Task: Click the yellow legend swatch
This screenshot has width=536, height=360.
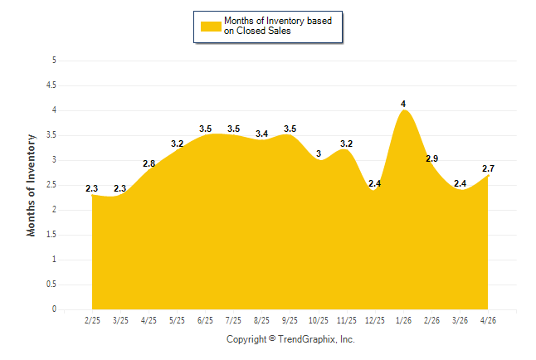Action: (211, 27)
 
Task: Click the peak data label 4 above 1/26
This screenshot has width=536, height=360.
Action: (403, 104)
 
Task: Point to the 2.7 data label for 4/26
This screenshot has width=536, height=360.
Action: (488, 168)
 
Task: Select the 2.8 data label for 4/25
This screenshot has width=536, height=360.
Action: (149, 163)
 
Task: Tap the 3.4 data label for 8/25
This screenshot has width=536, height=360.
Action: (262, 134)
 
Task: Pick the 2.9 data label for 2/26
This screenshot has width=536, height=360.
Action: (431, 158)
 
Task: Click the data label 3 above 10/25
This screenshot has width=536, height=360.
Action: (319, 153)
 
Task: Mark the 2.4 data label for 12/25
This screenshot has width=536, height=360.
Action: (375, 183)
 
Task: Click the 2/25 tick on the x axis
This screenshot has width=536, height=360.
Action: (92, 320)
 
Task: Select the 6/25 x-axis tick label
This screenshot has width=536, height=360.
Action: (205, 320)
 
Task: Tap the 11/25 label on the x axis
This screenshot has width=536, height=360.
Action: (347, 320)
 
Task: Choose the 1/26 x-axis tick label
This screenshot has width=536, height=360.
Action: (403, 320)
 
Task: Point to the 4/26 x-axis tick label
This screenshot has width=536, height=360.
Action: (488, 320)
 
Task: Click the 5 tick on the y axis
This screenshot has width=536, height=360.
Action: (54, 61)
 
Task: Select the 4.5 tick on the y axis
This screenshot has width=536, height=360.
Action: (51, 85)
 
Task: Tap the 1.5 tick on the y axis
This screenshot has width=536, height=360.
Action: (51, 235)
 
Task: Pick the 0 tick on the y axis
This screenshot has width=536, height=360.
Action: (54, 309)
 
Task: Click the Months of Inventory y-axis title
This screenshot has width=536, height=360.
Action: (31, 185)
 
